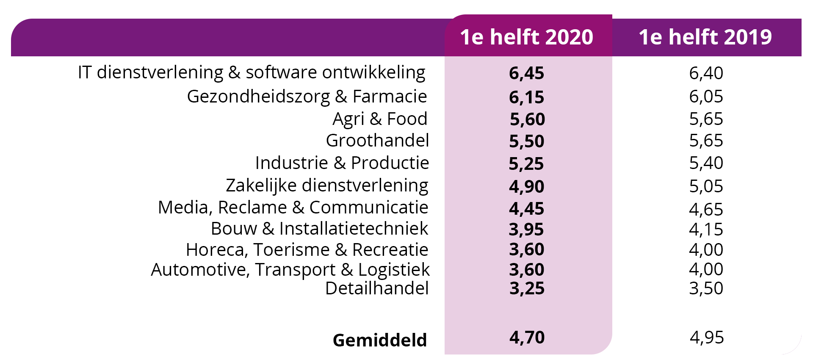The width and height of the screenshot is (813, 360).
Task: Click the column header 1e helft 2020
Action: [x=526, y=37]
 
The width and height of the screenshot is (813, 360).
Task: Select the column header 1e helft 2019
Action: [x=705, y=37]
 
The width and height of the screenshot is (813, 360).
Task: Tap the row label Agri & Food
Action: [x=380, y=119]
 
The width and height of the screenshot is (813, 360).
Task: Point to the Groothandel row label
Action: [x=377, y=141]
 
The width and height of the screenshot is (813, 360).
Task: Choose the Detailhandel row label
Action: [x=377, y=288]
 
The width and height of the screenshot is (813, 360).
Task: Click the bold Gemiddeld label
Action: [x=379, y=340]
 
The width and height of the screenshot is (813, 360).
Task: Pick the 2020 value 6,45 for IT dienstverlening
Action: [x=526, y=73]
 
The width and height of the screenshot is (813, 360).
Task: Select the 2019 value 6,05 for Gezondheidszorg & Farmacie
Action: [x=706, y=97]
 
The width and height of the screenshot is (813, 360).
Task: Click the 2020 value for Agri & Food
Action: [x=527, y=119]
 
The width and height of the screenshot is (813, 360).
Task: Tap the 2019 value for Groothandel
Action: [x=706, y=141]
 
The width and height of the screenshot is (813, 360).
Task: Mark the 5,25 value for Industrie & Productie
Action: [x=526, y=164]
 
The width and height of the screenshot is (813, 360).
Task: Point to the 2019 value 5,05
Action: [x=706, y=186]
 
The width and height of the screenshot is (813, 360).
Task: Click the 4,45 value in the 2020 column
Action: [x=526, y=209]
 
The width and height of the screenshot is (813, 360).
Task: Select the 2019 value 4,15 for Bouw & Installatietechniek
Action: [x=706, y=230]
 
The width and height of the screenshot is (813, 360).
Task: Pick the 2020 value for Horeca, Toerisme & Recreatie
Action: [x=526, y=249]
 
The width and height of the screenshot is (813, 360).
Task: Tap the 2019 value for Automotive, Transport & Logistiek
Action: [x=706, y=269]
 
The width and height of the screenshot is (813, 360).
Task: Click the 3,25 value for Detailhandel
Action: [x=527, y=288]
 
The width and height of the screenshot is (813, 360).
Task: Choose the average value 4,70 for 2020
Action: [x=527, y=338]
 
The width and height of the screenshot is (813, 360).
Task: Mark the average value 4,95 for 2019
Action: [x=707, y=338]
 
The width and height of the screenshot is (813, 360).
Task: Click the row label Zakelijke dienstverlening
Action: [x=327, y=186]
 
